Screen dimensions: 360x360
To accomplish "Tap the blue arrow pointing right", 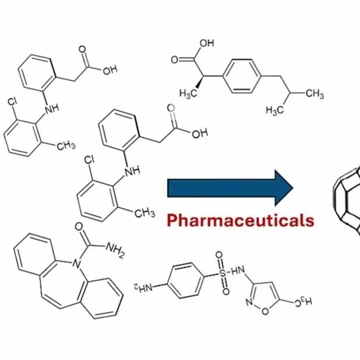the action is click(230, 188).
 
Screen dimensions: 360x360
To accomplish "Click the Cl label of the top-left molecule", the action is click(13, 102).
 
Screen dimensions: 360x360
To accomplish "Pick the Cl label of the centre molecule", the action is click(89, 160).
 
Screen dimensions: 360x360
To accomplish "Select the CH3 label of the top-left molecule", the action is click(66, 145).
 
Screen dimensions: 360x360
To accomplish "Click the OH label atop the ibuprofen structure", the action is click(207, 43).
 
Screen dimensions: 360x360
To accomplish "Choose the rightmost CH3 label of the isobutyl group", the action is click(315, 93).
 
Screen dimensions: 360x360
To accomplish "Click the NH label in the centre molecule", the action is click(132, 171).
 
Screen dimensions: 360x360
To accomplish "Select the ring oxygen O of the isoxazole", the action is click(265, 311).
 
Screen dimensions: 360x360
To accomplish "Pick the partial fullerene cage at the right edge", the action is click(347, 200).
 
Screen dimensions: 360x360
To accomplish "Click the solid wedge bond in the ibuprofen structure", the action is click(200, 82).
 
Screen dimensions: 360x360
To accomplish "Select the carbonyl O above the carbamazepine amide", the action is click(79, 227).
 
